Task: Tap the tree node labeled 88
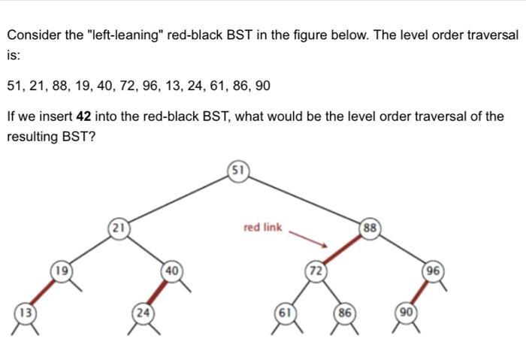point(370,228)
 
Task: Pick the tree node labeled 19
point(62,270)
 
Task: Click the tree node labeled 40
point(171,270)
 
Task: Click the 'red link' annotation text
point(262,226)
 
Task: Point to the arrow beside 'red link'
point(309,237)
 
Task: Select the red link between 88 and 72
point(343,250)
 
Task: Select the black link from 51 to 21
point(178,198)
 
